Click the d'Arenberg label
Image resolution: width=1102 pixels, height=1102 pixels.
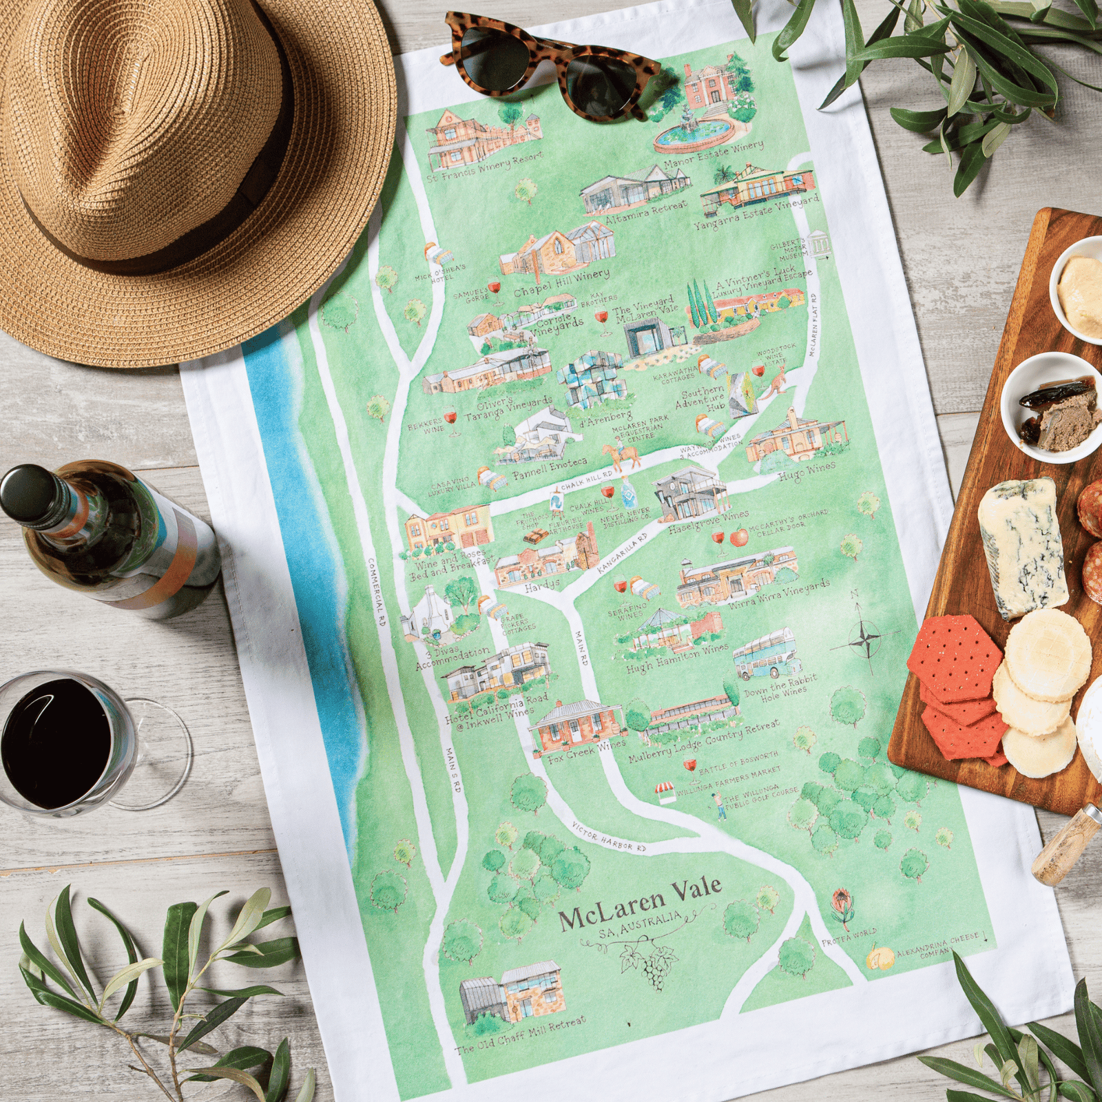pyautogui.click(x=605, y=418)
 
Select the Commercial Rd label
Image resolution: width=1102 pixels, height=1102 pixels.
pyautogui.click(x=378, y=592)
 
